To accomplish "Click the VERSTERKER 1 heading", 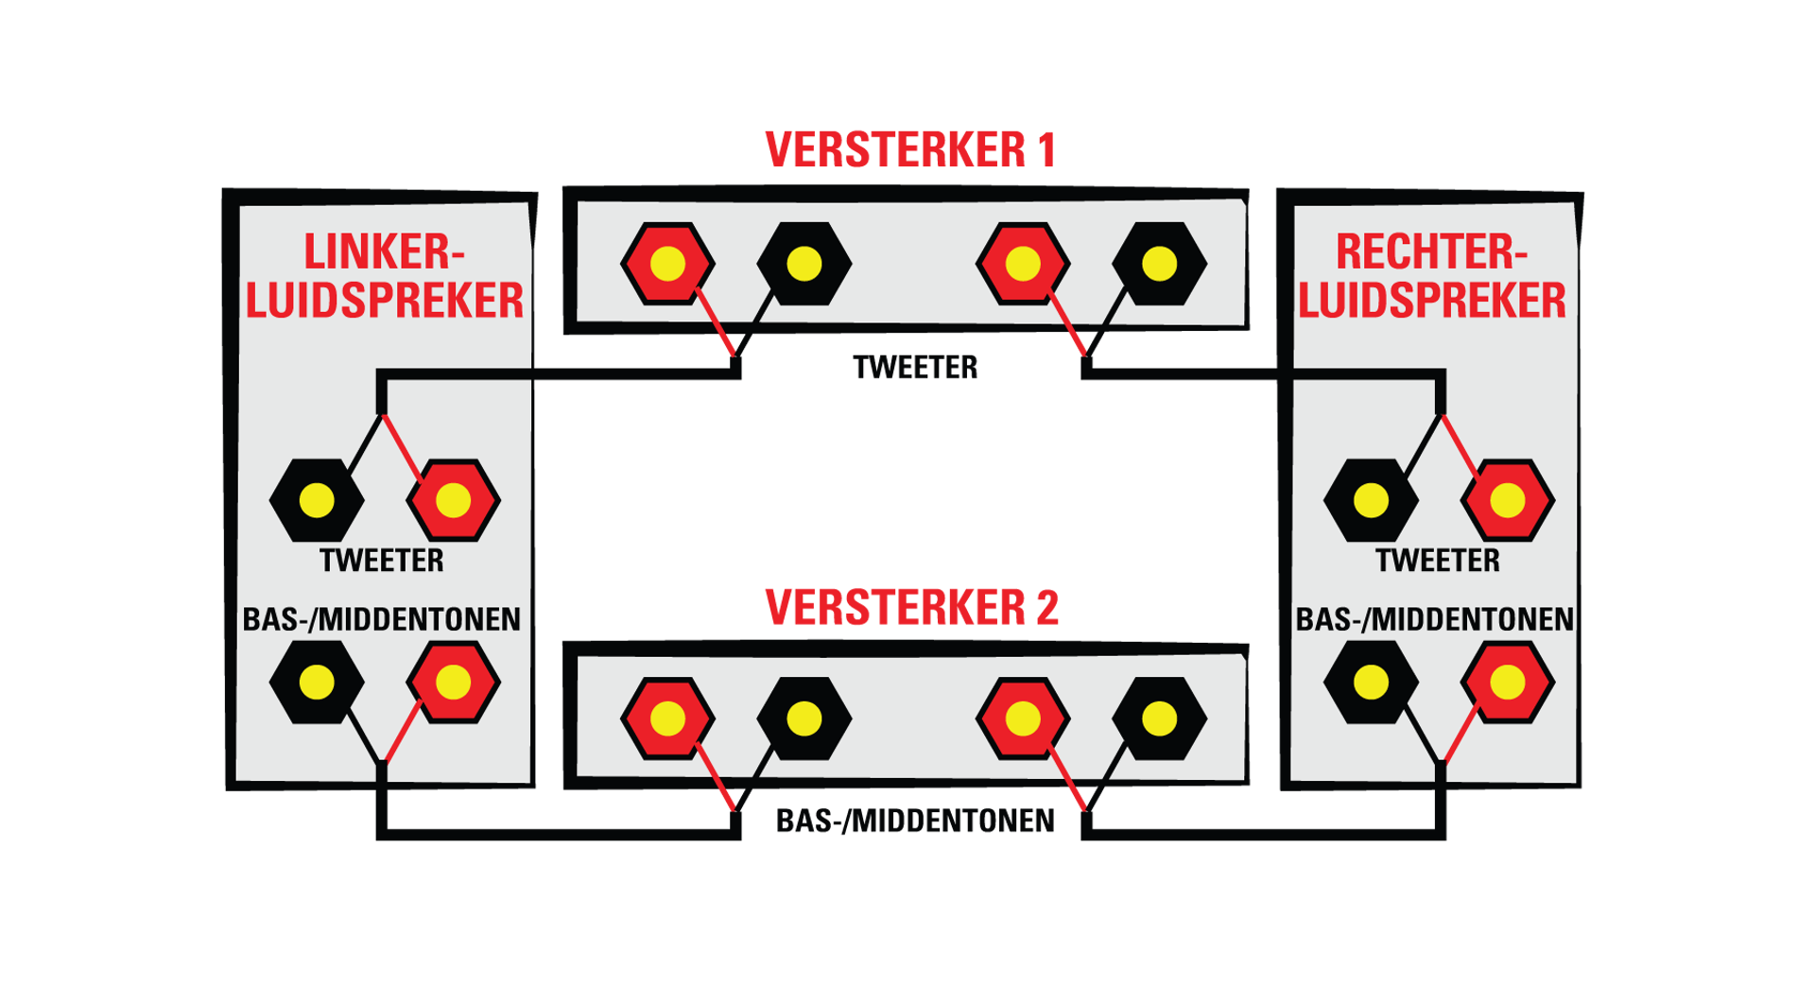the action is [x=910, y=150].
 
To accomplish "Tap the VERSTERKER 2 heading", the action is [x=911, y=607].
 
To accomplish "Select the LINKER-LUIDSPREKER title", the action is [x=384, y=276].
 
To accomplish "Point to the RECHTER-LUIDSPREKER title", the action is [x=1431, y=276].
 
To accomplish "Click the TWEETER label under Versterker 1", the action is [x=915, y=367].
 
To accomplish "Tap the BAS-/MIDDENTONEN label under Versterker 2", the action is [x=915, y=821].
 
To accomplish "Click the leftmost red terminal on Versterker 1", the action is [x=667, y=264].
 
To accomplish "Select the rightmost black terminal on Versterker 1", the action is [x=1159, y=264].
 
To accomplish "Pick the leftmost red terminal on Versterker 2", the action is [x=667, y=718].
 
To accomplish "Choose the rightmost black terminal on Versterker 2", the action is [x=1159, y=718].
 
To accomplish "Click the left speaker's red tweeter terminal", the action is [x=453, y=500].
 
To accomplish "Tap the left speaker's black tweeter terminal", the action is [x=317, y=500].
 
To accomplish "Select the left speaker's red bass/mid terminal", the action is [x=453, y=683].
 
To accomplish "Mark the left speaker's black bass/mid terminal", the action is [x=317, y=683].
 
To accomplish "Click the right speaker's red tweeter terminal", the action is [x=1507, y=500].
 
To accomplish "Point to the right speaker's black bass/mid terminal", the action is [x=1371, y=683].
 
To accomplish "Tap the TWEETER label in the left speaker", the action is [x=382, y=561].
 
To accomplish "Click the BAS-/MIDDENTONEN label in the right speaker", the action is [x=1434, y=619].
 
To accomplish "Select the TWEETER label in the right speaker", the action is [x=1437, y=561].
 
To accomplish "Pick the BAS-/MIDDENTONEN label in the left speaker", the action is [x=382, y=619].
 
